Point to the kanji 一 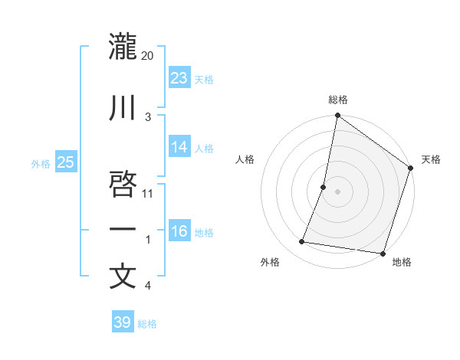tap(123, 230)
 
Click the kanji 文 tap(123, 277)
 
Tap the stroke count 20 tap(148, 56)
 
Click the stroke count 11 tap(149, 193)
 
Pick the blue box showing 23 tap(179, 78)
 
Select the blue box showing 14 tap(179, 147)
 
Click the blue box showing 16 tap(179, 231)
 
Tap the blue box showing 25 tap(65, 162)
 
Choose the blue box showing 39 tap(123, 322)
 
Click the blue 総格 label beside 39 tap(147, 324)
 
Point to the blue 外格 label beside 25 tap(41, 163)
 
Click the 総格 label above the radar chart tap(338, 100)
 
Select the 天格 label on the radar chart tap(431, 159)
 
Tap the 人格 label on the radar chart tap(245, 159)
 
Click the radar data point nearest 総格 tap(337, 116)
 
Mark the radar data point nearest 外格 tap(302, 242)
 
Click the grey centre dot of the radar tap(337, 191)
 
